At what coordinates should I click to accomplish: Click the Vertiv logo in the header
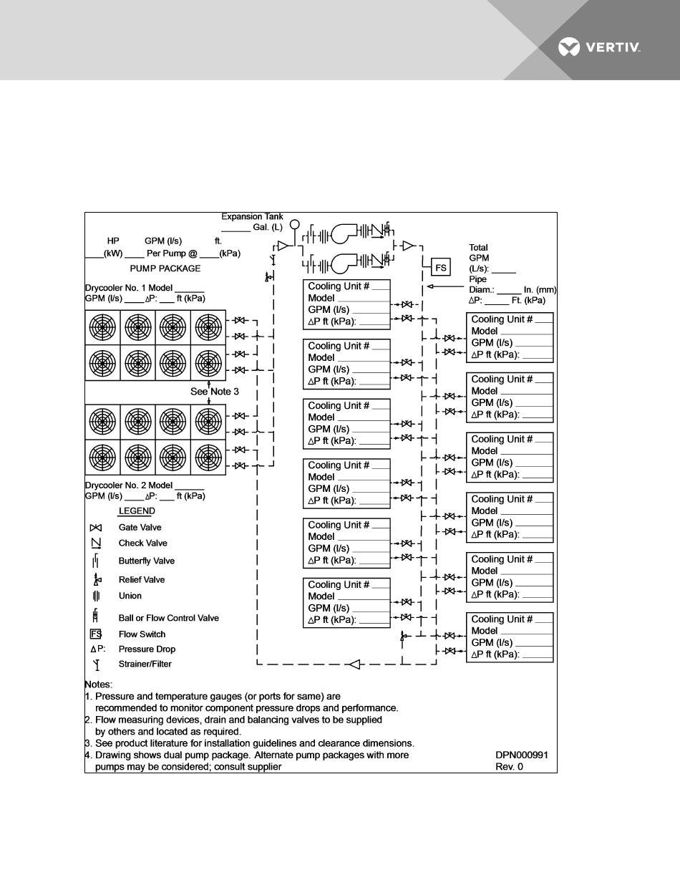point(599,48)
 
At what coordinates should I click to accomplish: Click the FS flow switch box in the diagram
point(441,268)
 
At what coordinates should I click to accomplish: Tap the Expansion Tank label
point(252,216)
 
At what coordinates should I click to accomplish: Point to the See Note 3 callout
point(215,392)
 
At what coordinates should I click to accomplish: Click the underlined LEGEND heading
point(137,511)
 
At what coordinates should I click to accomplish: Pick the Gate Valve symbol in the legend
point(95,528)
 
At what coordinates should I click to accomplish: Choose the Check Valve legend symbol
point(95,543)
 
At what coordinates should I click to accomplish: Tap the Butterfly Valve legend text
point(147,561)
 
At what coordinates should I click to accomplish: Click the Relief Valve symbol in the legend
point(97,579)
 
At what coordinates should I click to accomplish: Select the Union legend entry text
point(130,596)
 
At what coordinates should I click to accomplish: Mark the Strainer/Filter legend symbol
point(96,664)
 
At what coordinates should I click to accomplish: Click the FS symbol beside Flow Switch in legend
point(96,634)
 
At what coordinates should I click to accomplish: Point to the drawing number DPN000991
point(521,755)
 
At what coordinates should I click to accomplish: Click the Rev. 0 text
point(510,767)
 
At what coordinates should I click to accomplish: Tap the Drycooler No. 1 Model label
point(145,288)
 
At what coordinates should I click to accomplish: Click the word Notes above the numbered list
point(99,685)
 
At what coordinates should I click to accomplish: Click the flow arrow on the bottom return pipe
point(353,664)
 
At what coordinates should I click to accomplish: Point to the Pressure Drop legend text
point(147,649)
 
